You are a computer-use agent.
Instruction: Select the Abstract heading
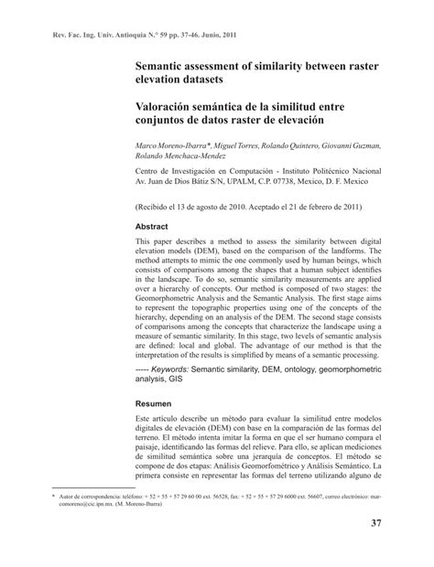pos(153,226)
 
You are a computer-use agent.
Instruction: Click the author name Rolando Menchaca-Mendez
pos(190,157)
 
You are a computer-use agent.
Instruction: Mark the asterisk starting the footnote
pos(53,495)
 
